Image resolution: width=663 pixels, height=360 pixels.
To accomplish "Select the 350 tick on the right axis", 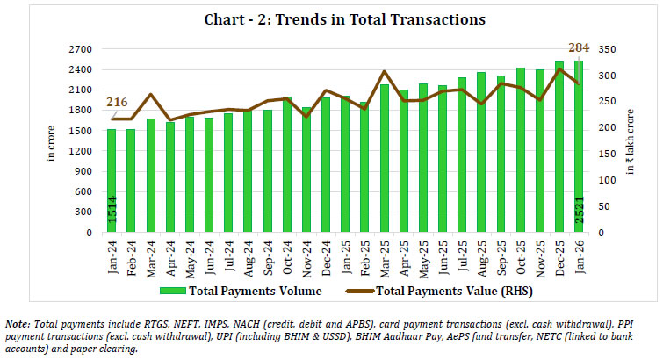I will pyautogui.click(x=602, y=48).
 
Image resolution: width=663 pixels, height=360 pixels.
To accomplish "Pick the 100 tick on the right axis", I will pyautogui.click(x=602, y=180).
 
